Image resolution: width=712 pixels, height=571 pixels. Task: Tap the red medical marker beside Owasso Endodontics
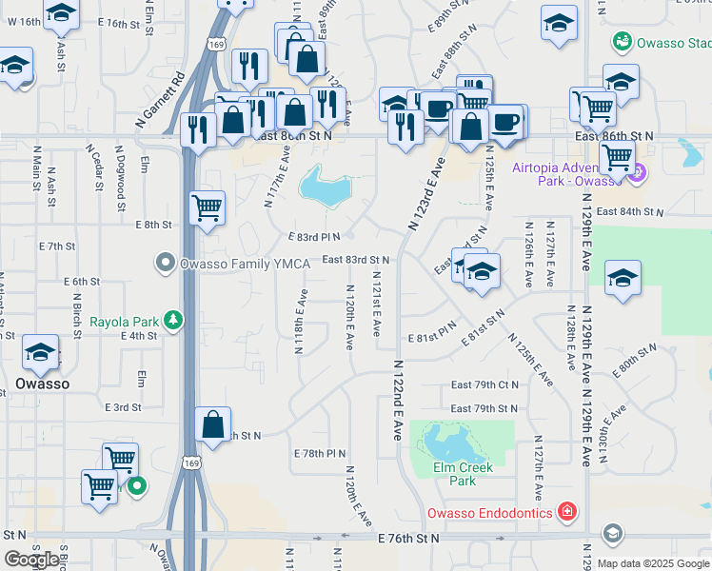567,513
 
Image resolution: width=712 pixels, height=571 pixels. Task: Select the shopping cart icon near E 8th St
207,207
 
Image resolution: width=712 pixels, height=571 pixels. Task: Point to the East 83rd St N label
355,259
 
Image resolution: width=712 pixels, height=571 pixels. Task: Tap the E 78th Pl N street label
319,453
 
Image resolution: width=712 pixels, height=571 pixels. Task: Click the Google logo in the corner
32,560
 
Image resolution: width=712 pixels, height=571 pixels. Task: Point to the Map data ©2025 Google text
654,563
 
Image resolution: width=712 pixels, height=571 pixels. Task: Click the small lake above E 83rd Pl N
324,187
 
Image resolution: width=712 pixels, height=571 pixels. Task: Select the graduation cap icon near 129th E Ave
623,277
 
